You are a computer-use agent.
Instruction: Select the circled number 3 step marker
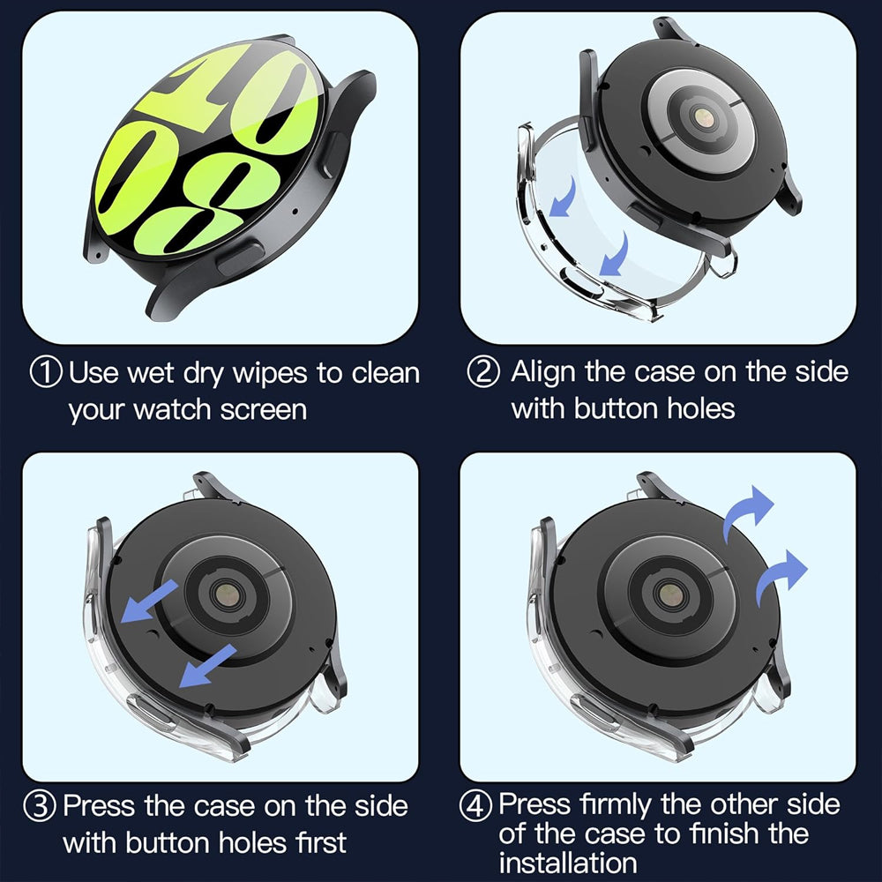44,806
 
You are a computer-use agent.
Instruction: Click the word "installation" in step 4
567,862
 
